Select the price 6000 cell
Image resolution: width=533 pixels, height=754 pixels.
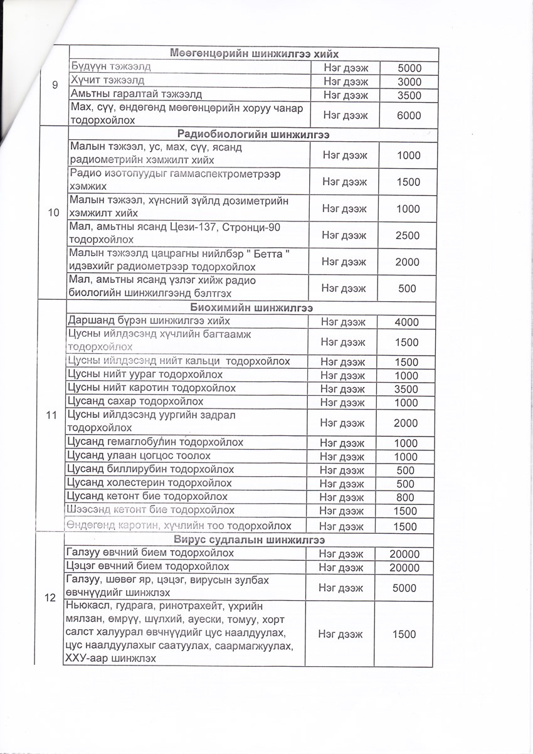408,115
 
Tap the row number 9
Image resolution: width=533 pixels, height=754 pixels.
55,88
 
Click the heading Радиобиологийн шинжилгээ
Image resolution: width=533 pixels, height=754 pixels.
250,134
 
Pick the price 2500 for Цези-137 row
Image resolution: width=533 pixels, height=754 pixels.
408,235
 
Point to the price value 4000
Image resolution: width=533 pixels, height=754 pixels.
406,322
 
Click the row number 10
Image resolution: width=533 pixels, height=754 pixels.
53,213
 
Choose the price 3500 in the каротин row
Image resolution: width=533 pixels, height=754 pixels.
406,389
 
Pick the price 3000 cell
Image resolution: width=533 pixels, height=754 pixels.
409,82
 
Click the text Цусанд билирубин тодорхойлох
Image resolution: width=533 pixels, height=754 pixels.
150,469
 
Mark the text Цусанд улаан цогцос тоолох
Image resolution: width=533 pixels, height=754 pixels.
139,455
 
